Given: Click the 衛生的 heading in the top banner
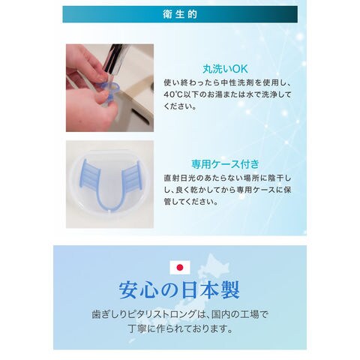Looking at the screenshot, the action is pyautogui.click(x=180, y=14).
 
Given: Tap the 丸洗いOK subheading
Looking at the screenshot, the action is pyautogui.click(x=225, y=69).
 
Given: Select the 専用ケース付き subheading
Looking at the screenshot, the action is pyautogui.click(x=226, y=164).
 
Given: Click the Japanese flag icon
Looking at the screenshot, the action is pyautogui.click(x=180, y=268).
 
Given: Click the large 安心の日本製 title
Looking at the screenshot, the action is pyautogui.click(x=179, y=290).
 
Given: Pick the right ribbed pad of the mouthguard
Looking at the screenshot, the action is pyautogui.click(x=132, y=175).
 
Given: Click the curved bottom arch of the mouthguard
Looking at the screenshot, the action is pyautogui.click(x=110, y=204).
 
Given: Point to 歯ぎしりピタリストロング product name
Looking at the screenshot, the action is pyautogui.click(x=143, y=314).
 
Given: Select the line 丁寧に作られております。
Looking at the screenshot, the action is pyautogui.click(x=180, y=328).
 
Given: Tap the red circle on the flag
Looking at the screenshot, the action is pyautogui.click(x=180, y=268).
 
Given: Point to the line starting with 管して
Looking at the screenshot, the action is pyautogui.click(x=191, y=202).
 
